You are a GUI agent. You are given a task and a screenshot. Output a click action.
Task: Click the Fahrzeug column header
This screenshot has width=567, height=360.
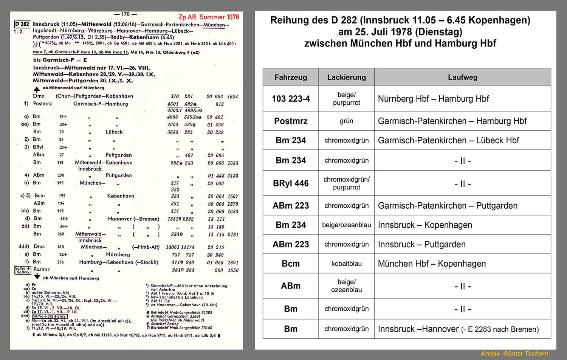pos(290,78)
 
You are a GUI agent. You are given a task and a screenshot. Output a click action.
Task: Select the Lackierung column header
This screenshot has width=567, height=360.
pos(346,78)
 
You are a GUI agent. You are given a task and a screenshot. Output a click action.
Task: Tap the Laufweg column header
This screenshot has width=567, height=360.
pos(462,78)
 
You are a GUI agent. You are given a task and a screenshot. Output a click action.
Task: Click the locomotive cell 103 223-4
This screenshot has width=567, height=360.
pos(290,99)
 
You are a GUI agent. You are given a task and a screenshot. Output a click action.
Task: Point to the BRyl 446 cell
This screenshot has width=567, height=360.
pos(290,183)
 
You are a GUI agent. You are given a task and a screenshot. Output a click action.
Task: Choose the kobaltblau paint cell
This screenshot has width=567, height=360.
pos(346,264)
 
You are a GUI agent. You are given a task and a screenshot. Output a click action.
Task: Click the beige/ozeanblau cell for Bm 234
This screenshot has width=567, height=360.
pos(346,225)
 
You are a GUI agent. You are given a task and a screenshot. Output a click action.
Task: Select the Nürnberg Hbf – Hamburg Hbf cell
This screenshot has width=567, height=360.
pos(433,99)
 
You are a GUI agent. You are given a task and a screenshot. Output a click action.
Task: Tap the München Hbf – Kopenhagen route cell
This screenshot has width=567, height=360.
pos(432,264)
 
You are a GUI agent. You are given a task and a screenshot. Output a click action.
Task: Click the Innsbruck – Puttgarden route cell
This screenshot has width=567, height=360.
pos(421,244)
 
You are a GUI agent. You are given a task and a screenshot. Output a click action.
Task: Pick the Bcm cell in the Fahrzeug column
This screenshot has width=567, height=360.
pos(290,264)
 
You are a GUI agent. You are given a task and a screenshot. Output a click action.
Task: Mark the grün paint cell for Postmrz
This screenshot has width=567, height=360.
pos(346,121)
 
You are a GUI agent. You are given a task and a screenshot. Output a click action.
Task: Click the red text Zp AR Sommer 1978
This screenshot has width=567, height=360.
pos(209,17)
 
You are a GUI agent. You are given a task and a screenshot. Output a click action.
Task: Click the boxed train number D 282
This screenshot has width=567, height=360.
pos(22,24)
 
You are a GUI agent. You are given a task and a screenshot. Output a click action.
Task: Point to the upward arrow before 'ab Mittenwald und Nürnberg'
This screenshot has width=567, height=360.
pos(37,89)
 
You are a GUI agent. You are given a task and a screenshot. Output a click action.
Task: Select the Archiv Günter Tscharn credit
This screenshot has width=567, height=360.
pos(514,354)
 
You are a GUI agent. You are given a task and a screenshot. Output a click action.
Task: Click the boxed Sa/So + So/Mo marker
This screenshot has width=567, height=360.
pos(22,270)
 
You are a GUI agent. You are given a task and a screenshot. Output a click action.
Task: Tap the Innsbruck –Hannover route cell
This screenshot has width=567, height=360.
pos(458,329)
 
